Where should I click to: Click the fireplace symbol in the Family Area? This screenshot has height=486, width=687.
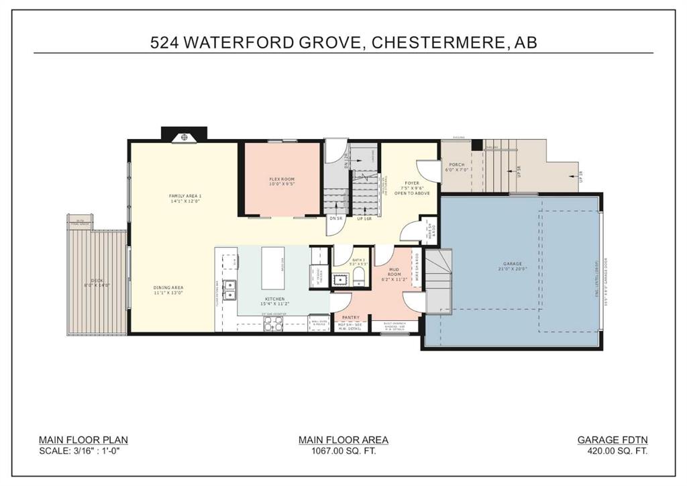point(184,138)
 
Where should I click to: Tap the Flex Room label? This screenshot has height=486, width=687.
point(282,179)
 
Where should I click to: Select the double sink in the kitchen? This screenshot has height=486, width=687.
point(229,289)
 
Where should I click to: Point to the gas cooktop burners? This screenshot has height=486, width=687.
point(274,323)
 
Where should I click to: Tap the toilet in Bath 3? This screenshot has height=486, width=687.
point(359,276)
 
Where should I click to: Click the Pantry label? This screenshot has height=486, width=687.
point(350,318)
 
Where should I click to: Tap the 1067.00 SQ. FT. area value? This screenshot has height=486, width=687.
point(343,452)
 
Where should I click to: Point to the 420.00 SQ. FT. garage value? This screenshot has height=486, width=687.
point(613,452)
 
